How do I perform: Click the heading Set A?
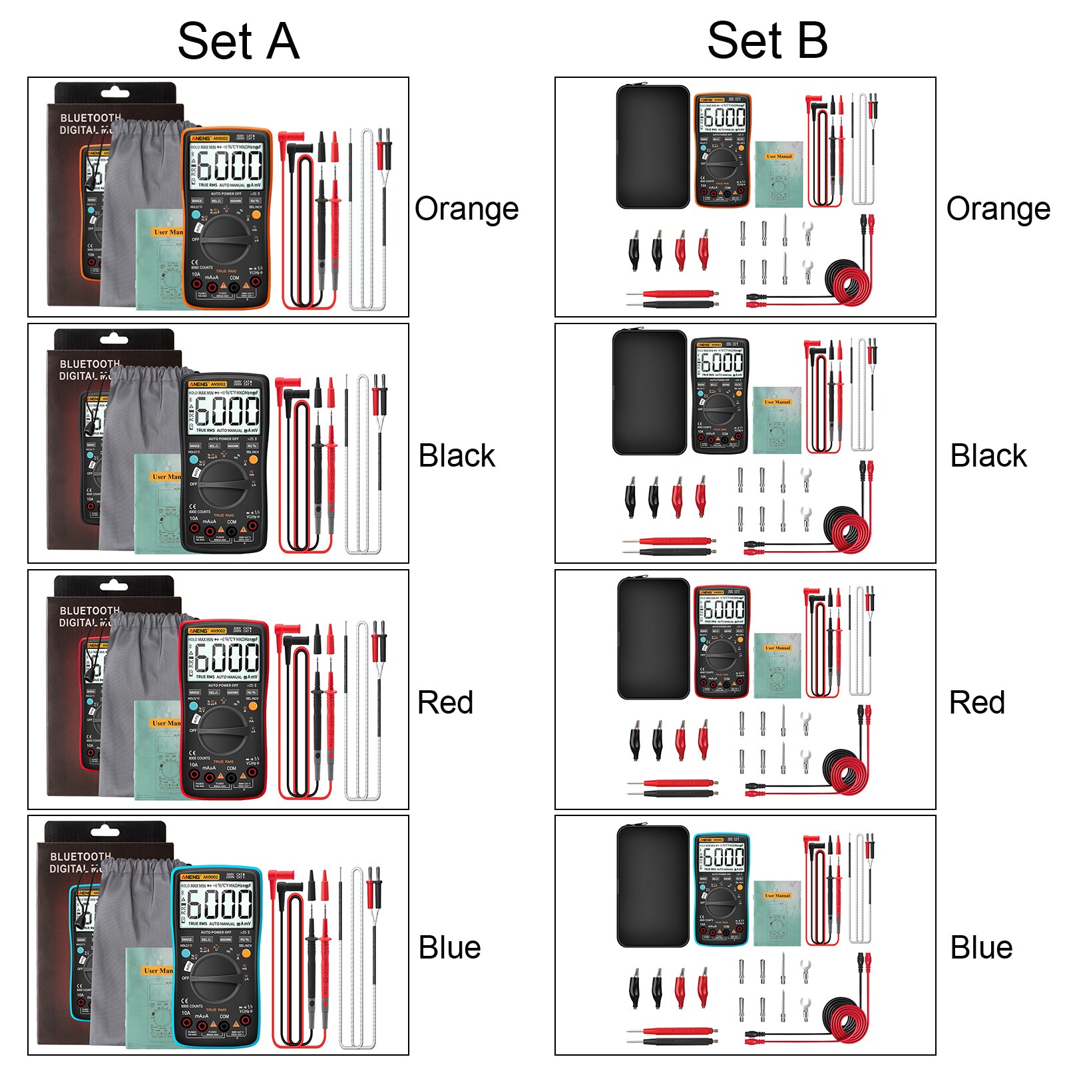coord(238,41)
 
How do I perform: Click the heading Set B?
coord(767,41)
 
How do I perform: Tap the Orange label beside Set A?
coord(466,209)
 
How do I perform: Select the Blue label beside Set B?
coord(981,947)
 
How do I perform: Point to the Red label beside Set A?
coord(445,702)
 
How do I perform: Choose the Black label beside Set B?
coord(988,456)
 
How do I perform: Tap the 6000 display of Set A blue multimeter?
coord(219,905)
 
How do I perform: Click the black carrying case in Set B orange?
coord(652,146)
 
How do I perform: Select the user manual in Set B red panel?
coord(777,665)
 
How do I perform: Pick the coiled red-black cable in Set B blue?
coord(845,1018)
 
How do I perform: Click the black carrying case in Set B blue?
coord(652,886)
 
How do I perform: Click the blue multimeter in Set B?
coord(722,889)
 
